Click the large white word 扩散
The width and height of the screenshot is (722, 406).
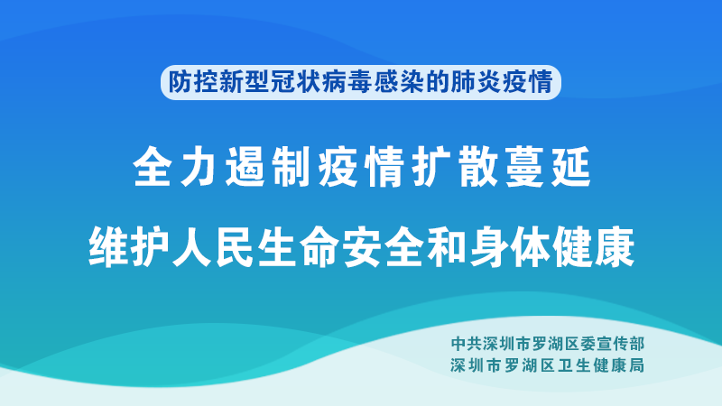click(x=456, y=167)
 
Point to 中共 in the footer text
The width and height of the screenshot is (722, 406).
click(x=465, y=344)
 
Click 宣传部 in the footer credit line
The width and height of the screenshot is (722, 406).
click(x=620, y=344)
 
